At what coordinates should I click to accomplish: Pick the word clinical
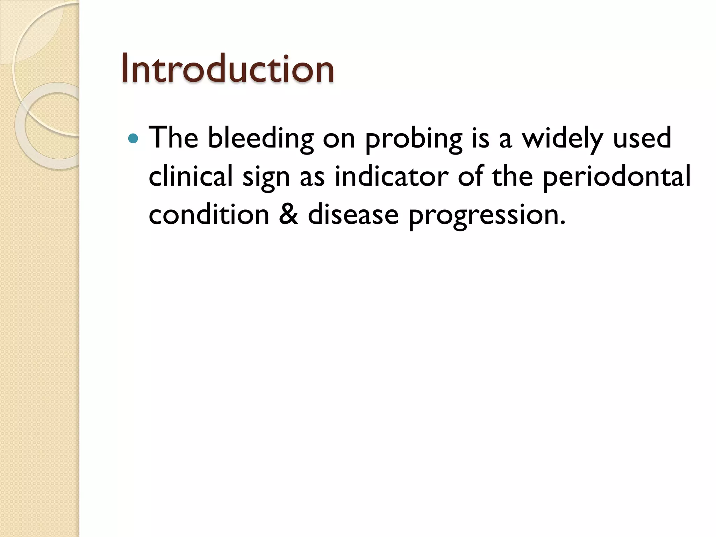coord(191,176)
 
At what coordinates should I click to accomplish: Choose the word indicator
coord(391,176)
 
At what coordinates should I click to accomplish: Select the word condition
coord(209,214)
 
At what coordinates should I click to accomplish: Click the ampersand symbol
coord(289,214)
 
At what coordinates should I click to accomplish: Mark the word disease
coord(353,214)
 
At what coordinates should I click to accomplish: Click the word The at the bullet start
coord(173,137)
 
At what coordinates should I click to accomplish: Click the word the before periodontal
coord(513,176)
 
